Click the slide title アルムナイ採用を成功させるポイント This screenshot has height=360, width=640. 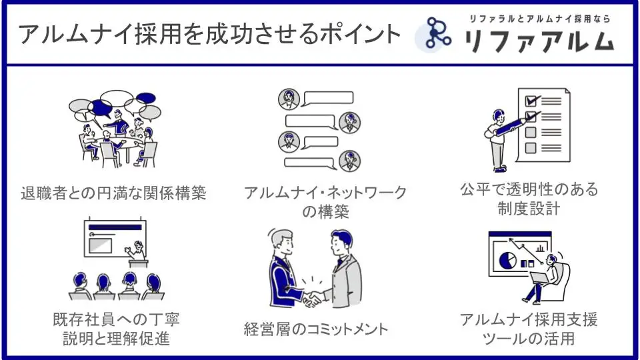point(210,34)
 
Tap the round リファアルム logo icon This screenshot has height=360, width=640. point(436,35)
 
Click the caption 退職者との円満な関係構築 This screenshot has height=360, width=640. point(113,194)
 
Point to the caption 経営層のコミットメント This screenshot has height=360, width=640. point(317,329)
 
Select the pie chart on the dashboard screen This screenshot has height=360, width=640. point(508,259)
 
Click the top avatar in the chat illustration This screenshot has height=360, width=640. point(289,99)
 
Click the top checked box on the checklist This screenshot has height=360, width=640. point(531,101)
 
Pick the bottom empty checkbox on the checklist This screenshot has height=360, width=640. point(531,147)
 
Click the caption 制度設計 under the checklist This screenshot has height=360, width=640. point(529,209)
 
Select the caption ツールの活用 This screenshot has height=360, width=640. point(529,339)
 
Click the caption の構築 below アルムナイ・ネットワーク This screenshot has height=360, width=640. point(325,213)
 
